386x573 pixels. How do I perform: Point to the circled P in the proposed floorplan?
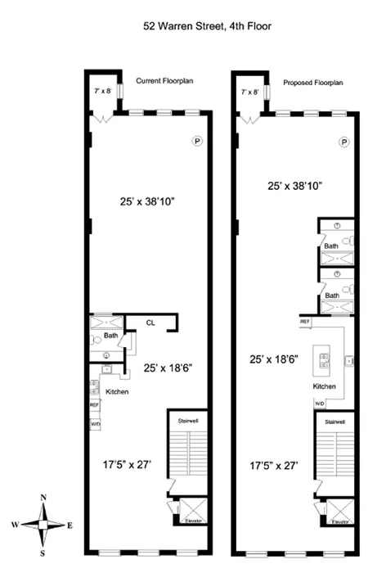344,142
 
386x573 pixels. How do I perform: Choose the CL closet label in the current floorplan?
150,323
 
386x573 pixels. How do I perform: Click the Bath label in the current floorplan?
111,335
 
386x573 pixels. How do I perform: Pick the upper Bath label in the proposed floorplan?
330,246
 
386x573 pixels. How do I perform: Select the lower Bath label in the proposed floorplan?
330,295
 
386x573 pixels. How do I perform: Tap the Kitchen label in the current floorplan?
117,392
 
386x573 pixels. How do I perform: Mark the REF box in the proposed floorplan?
305,322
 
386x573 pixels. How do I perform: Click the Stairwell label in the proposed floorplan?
333,422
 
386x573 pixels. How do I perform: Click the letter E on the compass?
71,525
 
